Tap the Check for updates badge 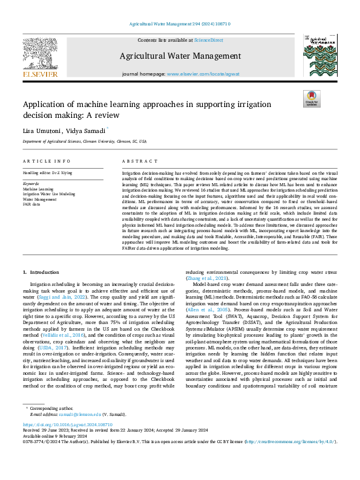(311, 99)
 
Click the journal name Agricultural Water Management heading (180, 56)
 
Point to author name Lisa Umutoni (42, 131)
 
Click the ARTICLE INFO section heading (44, 162)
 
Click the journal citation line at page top (180, 24)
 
